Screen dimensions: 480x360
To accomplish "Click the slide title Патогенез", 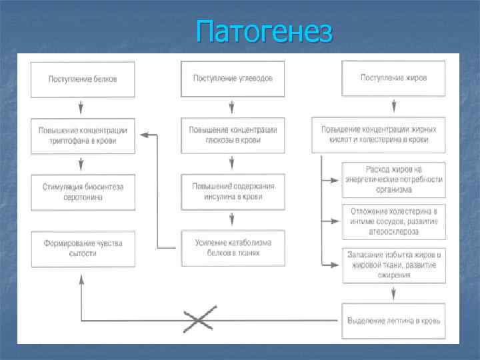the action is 264,31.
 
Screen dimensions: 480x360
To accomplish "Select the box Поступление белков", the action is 83,79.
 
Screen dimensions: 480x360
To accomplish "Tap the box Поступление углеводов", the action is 233,79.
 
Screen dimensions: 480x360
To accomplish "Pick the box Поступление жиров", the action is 393,78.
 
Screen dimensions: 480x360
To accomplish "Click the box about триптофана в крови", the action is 83,135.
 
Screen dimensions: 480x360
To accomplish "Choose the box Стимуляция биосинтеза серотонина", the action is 83,192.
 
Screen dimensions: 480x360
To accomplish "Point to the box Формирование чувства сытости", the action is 83,249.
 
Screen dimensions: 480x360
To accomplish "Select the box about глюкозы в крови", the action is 233,135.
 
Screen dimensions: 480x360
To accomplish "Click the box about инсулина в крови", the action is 233,192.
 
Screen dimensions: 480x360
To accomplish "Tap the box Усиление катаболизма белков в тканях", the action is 233,248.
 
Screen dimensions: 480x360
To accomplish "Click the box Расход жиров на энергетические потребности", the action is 394,179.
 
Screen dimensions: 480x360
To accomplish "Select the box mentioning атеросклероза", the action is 394,222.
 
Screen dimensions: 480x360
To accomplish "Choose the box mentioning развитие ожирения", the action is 394,265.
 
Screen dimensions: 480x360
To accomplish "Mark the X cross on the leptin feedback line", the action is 199,320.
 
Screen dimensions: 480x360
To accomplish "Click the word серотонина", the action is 83,197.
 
